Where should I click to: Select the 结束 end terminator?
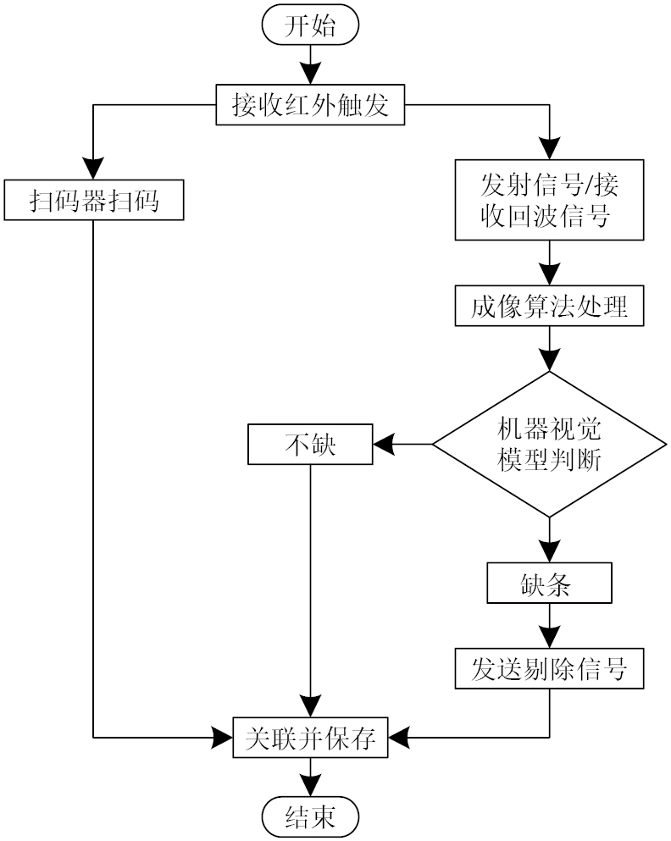(310, 816)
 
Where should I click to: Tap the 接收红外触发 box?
(310, 106)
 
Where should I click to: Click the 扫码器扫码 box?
(93, 201)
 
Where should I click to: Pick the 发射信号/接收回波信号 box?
(549, 200)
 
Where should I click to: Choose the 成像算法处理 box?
(549, 306)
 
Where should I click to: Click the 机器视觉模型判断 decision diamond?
(549, 444)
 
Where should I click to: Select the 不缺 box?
(310, 444)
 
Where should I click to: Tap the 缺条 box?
(549, 584)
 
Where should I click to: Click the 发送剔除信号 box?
(549, 670)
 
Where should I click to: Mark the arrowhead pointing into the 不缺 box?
(385, 444)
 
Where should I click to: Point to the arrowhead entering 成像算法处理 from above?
(549, 277)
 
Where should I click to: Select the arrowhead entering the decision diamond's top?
(549, 361)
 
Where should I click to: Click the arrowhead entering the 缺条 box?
(549, 554)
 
